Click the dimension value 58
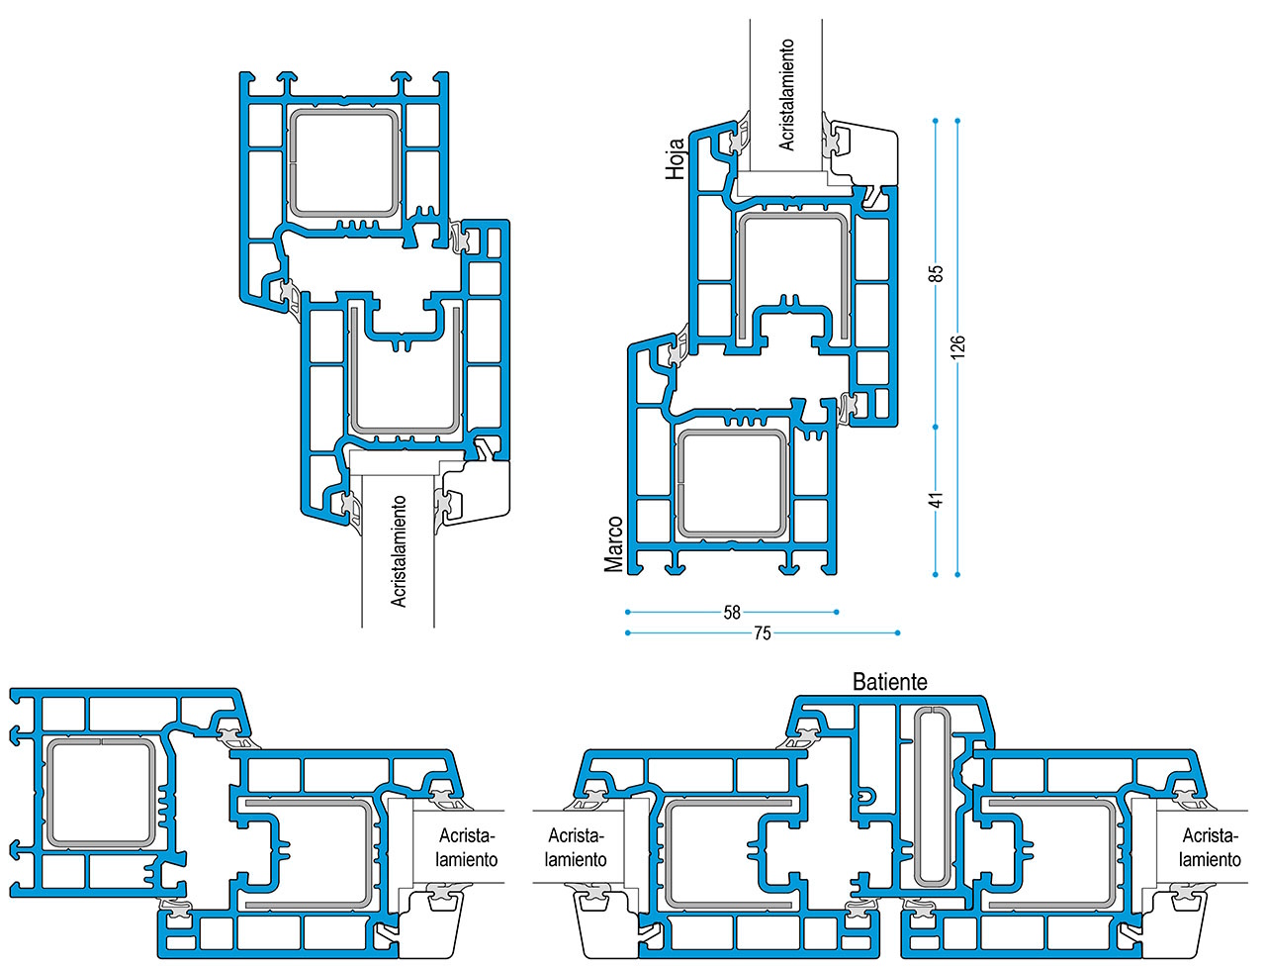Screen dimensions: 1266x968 coord(731,612)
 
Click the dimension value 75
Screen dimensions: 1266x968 coord(762,633)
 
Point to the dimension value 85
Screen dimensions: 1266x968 coord(936,273)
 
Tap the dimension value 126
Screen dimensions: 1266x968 coord(957,345)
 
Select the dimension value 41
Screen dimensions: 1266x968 coord(936,500)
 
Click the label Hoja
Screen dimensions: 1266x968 coord(675,158)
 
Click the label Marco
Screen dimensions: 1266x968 coord(613,544)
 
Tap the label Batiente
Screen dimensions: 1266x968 coord(890,682)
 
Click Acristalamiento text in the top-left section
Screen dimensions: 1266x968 coord(399,552)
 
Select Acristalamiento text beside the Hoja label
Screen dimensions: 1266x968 coord(786,95)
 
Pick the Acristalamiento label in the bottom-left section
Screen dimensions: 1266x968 coord(467,847)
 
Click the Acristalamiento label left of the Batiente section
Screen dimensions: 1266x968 coord(576,847)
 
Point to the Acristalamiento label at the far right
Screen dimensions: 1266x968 coord(1210,847)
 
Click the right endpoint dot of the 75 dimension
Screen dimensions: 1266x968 coord(897,633)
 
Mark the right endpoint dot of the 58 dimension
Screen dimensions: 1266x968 coord(837,612)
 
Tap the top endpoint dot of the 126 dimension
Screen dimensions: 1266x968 coord(957,121)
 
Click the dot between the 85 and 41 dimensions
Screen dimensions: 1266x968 coord(935,428)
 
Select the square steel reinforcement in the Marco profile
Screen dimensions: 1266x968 coord(731,483)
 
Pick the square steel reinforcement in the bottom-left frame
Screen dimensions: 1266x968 coord(101,792)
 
